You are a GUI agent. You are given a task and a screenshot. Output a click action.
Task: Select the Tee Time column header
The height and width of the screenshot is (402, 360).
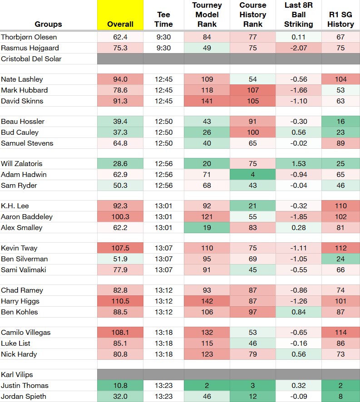(163, 19)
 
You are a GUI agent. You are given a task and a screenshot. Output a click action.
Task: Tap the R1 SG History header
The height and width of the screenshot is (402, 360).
(340, 19)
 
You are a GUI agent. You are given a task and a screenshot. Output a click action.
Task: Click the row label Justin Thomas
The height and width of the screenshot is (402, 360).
(25, 385)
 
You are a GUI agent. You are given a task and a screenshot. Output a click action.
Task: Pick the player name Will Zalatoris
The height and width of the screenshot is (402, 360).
(21, 164)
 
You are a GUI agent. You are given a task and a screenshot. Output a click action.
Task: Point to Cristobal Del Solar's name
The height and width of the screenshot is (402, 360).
(31, 59)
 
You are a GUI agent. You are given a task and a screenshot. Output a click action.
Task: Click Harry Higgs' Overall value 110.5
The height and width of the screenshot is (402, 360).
(120, 301)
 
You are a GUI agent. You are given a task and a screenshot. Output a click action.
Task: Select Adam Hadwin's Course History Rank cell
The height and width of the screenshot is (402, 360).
(253, 174)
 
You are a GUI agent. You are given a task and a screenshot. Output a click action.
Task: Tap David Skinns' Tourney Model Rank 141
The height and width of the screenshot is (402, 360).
(207, 101)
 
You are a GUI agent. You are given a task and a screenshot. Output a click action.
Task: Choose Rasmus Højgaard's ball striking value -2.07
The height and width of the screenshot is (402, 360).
(298, 48)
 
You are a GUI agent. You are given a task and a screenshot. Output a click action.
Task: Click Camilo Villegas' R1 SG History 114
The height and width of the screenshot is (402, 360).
(340, 332)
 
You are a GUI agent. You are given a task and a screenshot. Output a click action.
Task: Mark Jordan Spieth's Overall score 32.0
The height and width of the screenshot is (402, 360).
(120, 397)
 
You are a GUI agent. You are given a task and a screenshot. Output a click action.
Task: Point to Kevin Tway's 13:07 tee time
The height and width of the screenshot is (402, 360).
(163, 248)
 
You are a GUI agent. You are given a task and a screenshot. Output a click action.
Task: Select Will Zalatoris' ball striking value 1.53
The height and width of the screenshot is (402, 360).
(298, 164)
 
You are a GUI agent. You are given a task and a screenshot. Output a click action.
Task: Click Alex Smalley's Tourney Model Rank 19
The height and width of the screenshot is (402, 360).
(207, 227)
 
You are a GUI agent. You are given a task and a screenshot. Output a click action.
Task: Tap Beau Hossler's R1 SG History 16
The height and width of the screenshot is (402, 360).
(340, 121)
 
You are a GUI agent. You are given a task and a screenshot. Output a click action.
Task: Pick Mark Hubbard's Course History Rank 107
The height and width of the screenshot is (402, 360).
(253, 90)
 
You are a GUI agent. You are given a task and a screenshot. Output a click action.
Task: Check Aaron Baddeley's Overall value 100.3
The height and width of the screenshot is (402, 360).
(120, 216)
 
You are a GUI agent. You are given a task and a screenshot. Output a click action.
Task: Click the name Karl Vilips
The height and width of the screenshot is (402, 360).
(17, 375)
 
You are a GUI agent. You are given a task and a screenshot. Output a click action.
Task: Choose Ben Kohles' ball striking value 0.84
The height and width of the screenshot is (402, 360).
(298, 312)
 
